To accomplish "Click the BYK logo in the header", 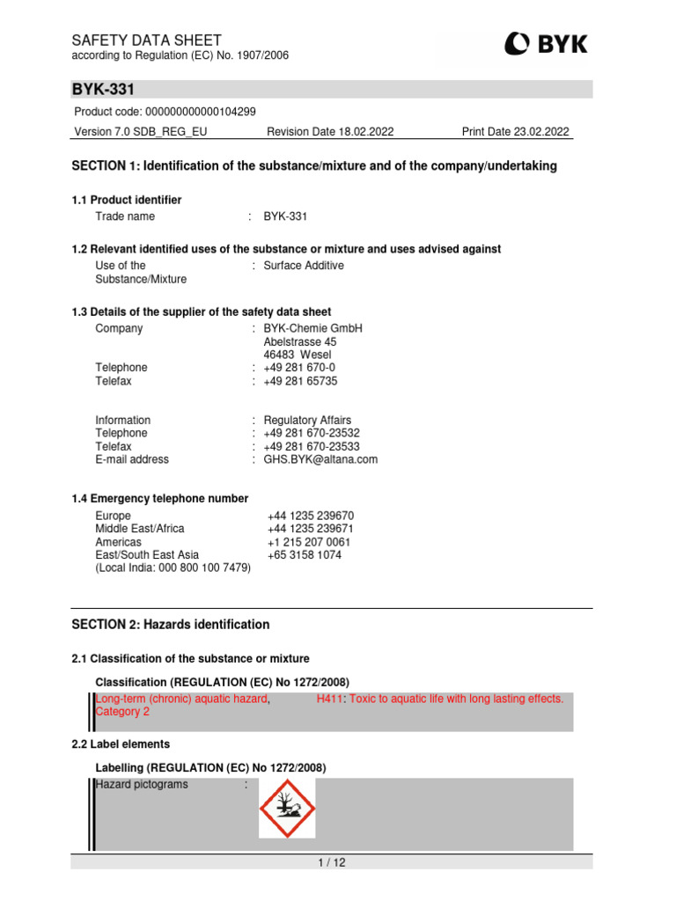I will (546, 44).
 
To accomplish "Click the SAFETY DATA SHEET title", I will (146, 40).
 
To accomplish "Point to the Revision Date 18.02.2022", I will (330, 132).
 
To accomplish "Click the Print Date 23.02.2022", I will (516, 132).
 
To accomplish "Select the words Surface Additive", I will (304, 266).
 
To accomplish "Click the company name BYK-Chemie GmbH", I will (300, 328).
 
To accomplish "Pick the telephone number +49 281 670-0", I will (299, 368).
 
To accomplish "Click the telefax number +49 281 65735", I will (300, 381).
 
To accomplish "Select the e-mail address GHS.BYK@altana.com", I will (320, 459).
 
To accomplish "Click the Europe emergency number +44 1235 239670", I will (310, 516).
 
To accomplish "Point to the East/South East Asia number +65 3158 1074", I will (305, 555).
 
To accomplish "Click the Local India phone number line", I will (173, 568).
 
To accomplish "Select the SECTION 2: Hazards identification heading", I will (170, 625).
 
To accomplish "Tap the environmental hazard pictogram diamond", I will (286, 808).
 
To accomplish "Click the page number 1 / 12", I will (332, 863).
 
